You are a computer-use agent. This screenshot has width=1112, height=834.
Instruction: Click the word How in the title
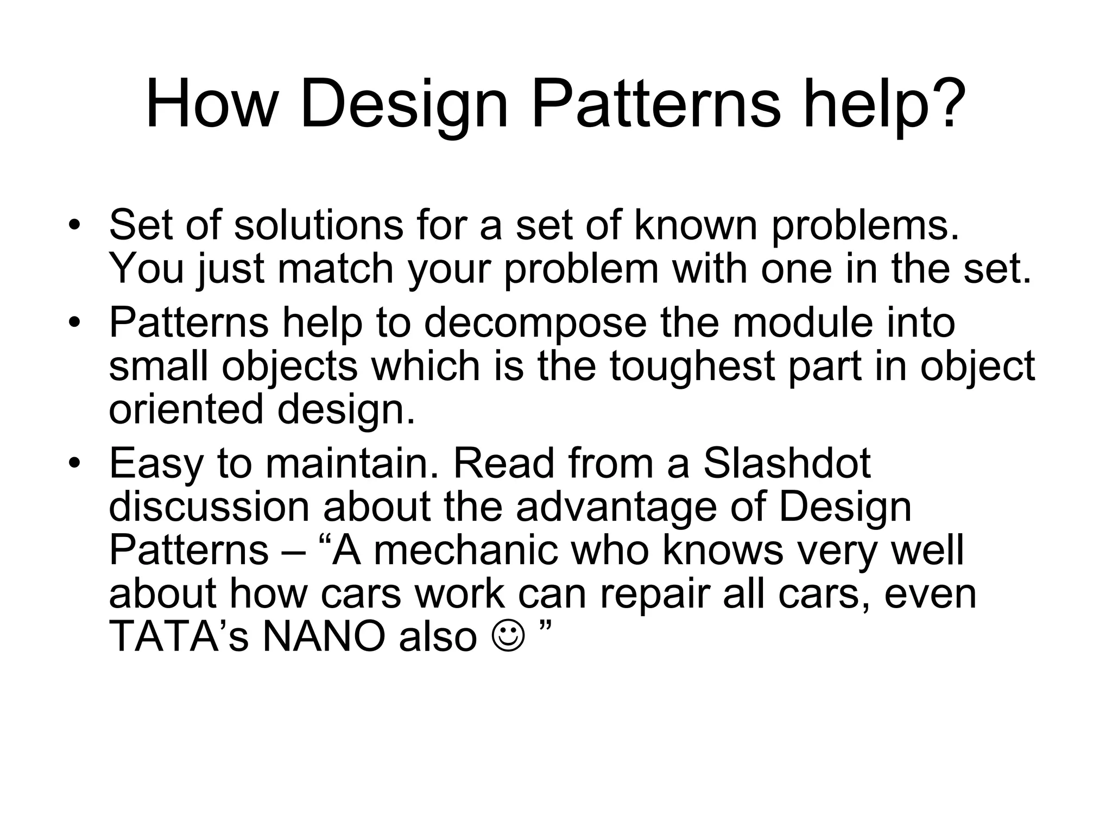(x=211, y=104)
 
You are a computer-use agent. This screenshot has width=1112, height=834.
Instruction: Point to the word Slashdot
(x=787, y=464)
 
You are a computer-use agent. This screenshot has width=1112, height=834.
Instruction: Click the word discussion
(x=209, y=507)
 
